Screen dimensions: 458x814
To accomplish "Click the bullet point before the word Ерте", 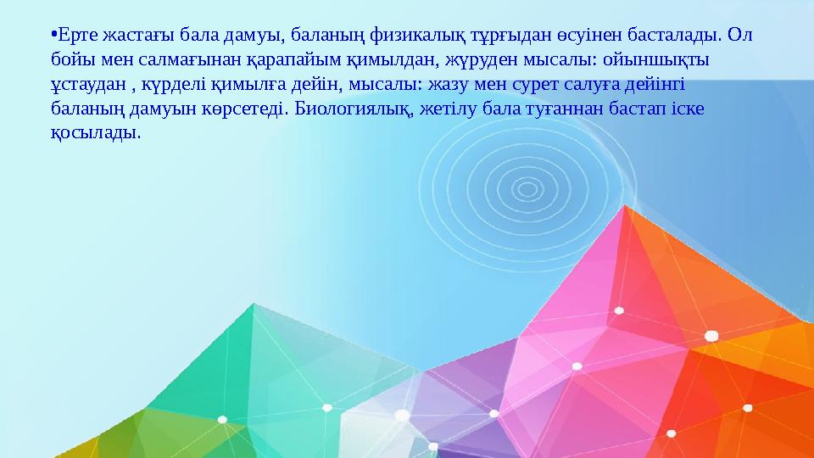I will click(x=53, y=36).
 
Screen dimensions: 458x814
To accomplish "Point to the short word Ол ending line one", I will click(x=740, y=36).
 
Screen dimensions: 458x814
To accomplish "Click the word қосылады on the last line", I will click(x=95, y=135).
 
